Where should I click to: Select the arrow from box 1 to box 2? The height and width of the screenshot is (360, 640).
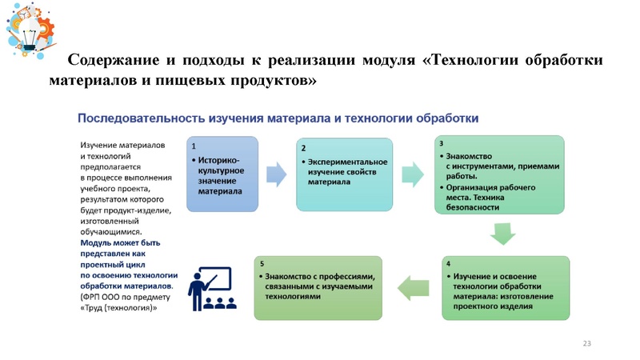coord(275,173)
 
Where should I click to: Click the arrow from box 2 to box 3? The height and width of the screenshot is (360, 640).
coord(413,173)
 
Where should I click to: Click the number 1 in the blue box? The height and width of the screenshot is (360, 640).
coord(193,146)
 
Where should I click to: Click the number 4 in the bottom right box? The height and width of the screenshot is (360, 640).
coord(447,263)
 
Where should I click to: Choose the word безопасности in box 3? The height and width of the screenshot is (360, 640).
coord(473,207)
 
